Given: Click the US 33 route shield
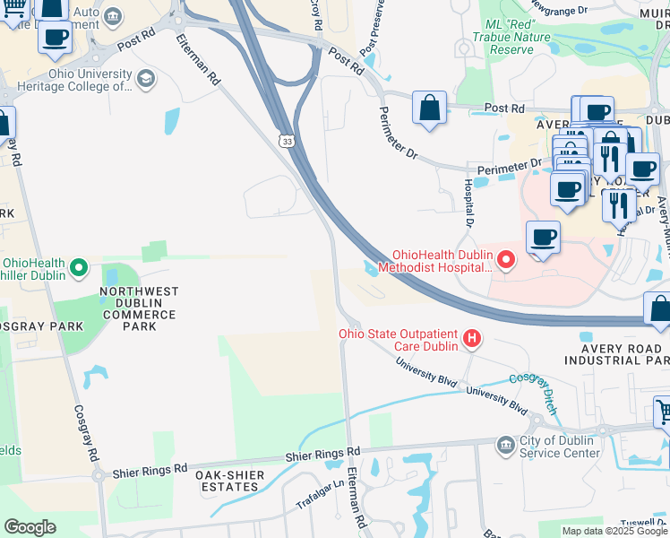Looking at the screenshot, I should click(x=286, y=141).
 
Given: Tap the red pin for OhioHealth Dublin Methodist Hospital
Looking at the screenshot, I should click(x=506, y=260).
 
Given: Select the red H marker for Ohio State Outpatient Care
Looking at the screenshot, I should click(x=471, y=339).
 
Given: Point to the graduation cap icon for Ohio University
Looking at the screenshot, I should click(x=143, y=79).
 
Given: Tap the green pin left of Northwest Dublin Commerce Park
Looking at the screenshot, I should click(x=79, y=267).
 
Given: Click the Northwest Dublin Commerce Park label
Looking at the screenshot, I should click(x=139, y=309).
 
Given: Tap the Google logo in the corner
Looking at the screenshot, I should click(x=30, y=526).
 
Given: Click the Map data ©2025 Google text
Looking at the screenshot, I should click(x=614, y=531).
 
